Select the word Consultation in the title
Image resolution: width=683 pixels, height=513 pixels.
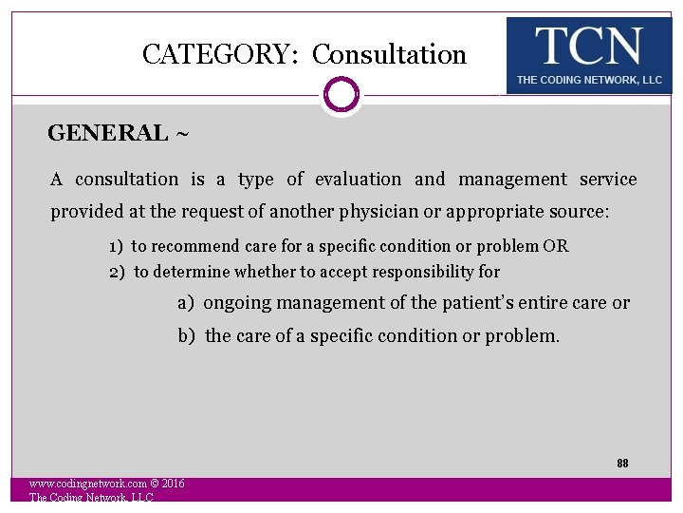389,55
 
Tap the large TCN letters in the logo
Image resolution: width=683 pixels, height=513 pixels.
588,46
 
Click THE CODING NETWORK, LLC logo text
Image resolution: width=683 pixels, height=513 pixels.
589,80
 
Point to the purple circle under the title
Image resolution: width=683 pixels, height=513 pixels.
341,95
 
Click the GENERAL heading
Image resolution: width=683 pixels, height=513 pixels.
107,133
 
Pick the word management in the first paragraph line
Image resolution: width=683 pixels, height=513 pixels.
512,180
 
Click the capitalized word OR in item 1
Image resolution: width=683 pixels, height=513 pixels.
556,246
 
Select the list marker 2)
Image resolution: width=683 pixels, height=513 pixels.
117,272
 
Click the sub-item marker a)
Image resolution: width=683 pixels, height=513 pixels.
186,303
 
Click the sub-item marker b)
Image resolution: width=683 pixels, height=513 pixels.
187,335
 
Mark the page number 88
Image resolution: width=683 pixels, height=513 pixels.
622,464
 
